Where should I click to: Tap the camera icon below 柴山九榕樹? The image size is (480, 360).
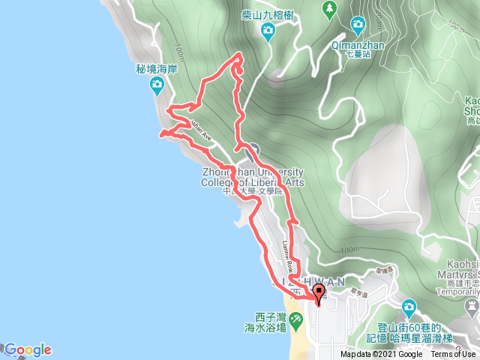click(x=268, y=31)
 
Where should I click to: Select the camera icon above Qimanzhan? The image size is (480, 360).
click(x=358, y=25)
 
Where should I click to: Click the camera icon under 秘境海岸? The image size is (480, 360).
click(x=157, y=84)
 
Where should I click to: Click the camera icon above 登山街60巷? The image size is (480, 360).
click(x=409, y=307)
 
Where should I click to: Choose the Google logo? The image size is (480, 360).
click(x=27, y=349)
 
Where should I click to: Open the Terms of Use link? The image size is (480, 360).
click(x=454, y=355)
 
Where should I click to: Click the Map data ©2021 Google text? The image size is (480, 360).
click(x=381, y=355)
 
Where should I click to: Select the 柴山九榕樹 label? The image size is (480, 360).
click(x=268, y=13)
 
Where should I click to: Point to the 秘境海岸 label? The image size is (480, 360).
click(x=156, y=67)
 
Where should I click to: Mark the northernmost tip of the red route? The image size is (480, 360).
click(x=239, y=55)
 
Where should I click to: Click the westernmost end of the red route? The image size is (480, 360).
click(x=160, y=135)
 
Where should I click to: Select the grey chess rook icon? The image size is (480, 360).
click(x=471, y=306)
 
